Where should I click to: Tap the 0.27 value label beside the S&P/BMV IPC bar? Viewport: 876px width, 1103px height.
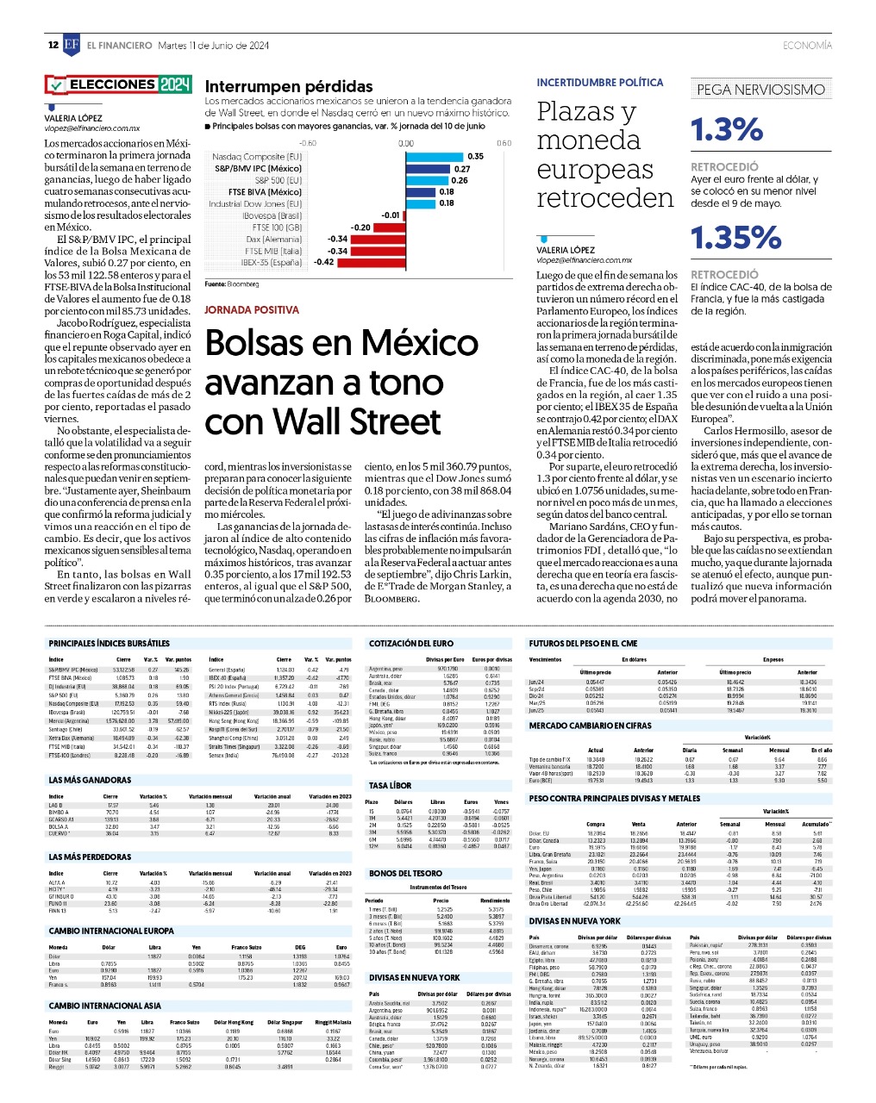point(463,169)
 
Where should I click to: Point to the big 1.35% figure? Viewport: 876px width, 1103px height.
point(735,238)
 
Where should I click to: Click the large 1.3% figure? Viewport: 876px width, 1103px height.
point(727,130)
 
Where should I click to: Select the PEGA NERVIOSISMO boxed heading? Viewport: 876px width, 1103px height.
point(760,90)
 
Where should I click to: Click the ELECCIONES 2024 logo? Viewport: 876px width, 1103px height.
point(118,84)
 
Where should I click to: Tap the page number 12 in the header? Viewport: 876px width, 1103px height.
point(53,46)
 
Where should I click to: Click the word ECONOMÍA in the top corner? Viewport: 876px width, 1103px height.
point(807,46)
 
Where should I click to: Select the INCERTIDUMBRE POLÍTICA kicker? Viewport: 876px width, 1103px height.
point(600,83)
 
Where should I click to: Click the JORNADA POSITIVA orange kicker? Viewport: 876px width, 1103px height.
point(252,309)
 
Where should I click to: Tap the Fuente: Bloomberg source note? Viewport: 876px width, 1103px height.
point(231,284)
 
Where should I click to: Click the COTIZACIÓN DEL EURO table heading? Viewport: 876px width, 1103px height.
point(411,644)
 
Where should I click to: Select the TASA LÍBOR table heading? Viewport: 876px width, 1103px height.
point(391,786)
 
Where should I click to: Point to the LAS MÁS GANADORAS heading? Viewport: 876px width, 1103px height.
point(90,781)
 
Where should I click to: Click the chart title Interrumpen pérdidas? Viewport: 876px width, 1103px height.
point(289,86)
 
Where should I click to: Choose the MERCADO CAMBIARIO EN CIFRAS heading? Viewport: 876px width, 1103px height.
point(591,726)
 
